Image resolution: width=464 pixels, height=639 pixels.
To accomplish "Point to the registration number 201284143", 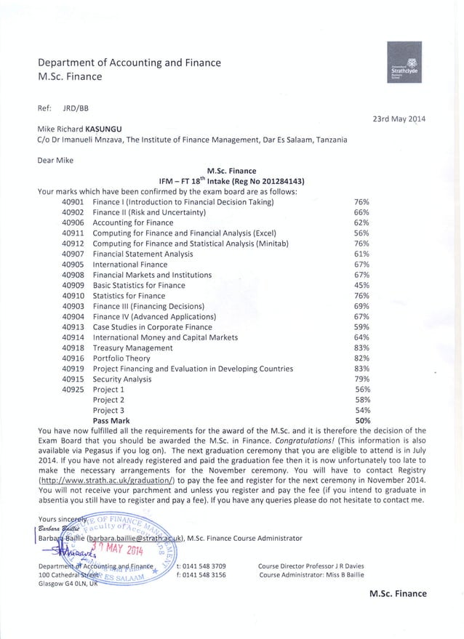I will coord(282,182).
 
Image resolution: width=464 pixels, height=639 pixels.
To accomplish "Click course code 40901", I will coord(73,201).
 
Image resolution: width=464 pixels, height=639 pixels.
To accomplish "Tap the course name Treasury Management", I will coord(132,348).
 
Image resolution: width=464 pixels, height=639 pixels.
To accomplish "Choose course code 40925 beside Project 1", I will coord(73,390).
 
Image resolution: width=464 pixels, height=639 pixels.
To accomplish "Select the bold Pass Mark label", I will coord(111,420).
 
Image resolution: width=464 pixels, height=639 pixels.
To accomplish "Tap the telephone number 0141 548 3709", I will coord(205,566).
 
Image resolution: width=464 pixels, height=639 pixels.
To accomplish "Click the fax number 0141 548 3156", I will coord(205,574).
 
